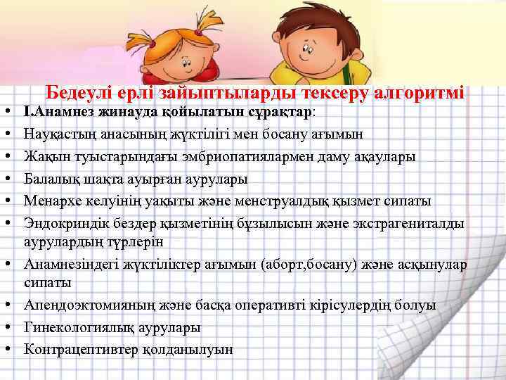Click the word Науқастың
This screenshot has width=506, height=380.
[59, 132]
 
